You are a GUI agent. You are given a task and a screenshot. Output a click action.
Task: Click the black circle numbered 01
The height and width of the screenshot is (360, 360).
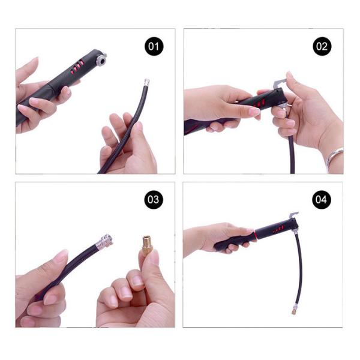click(154, 46)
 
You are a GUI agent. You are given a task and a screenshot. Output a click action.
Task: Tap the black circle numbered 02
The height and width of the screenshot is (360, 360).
click(322, 46)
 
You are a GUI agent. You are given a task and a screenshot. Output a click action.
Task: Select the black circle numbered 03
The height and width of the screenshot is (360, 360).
click(154, 199)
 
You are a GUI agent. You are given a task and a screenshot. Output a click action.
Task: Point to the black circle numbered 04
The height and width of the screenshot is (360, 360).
click(321, 199)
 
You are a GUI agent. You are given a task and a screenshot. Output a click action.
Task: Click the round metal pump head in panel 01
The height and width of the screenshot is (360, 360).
click(101, 59)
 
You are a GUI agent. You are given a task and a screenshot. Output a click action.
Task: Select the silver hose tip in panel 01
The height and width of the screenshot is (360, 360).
click(147, 82)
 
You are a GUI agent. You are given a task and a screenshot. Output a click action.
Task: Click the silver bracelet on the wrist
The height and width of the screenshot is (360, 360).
click(334, 158)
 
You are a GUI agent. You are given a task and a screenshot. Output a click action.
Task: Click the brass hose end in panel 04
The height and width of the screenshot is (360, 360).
click(293, 311)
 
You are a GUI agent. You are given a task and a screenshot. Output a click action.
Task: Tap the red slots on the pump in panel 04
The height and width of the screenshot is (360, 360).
click(278, 229)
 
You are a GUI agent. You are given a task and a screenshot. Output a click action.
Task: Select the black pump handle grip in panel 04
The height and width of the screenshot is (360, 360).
click(232, 243)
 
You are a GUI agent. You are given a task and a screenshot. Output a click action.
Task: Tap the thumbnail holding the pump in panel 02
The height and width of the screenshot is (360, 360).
click(254, 112)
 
